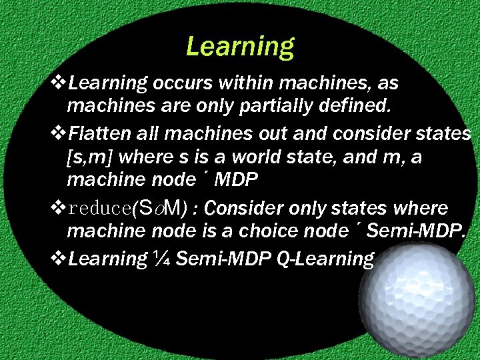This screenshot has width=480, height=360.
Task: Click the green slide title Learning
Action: [x=240, y=46]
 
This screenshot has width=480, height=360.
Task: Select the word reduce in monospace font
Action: [x=99, y=208]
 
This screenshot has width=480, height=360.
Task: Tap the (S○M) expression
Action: [x=159, y=208]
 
